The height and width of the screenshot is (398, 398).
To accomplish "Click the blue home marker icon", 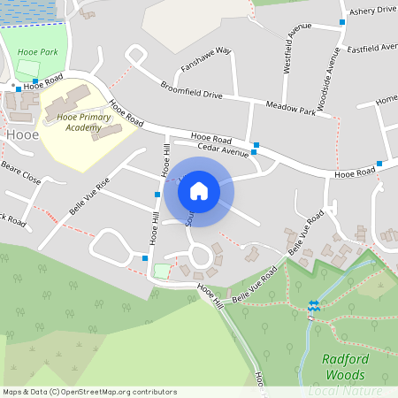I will pyautogui.click(x=199, y=191).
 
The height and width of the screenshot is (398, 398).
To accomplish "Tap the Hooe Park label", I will pyautogui.click(x=37, y=52).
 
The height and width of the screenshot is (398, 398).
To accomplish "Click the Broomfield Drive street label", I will pyautogui.click(x=192, y=90).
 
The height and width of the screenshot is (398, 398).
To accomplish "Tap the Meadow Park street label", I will pyautogui.click(x=290, y=109).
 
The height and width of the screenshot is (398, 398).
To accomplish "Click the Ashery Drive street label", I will pyautogui.click(x=372, y=10).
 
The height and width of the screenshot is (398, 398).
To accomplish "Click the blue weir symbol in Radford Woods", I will pyautogui.click(x=313, y=305).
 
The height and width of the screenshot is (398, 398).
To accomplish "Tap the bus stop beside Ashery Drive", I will pyautogui.click(x=342, y=21).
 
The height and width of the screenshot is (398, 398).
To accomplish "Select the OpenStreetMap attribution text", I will pyautogui.click(x=89, y=391).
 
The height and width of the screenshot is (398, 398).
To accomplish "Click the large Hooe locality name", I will pyautogui.click(x=21, y=134).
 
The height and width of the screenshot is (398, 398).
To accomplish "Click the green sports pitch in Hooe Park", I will pyautogui.click(x=29, y=67).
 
